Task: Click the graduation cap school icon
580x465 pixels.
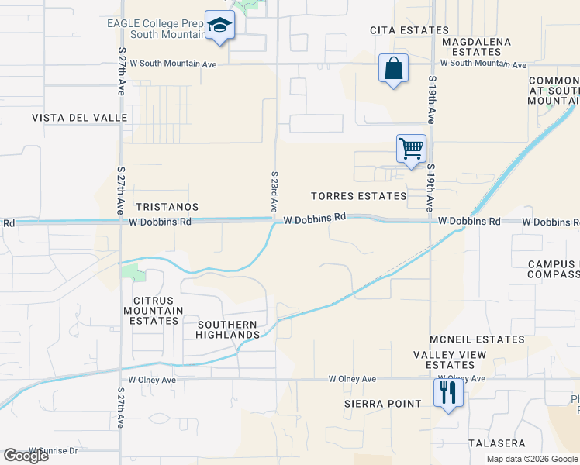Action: [219, 26]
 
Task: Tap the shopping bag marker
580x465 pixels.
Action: [393, 68]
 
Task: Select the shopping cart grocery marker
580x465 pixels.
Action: [411, 148]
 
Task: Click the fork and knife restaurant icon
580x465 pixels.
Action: [447, 393]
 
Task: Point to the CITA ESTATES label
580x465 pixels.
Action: [399, 30]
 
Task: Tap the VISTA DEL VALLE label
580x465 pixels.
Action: [68, 118]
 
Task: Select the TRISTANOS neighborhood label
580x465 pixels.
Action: [167, 208]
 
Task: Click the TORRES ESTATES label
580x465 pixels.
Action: [358, 196]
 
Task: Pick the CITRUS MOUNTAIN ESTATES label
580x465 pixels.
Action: [158, 311]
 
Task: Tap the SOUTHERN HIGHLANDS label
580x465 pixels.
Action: [227, 329]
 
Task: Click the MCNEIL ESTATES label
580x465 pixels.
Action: [468, 339]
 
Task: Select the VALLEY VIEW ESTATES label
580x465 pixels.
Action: [450, 360]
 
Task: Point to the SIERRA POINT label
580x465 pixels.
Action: [382, 404]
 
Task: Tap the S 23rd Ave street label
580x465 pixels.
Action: [274, 192]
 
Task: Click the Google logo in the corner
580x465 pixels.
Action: [26, 456]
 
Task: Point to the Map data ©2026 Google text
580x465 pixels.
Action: [532, 459]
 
